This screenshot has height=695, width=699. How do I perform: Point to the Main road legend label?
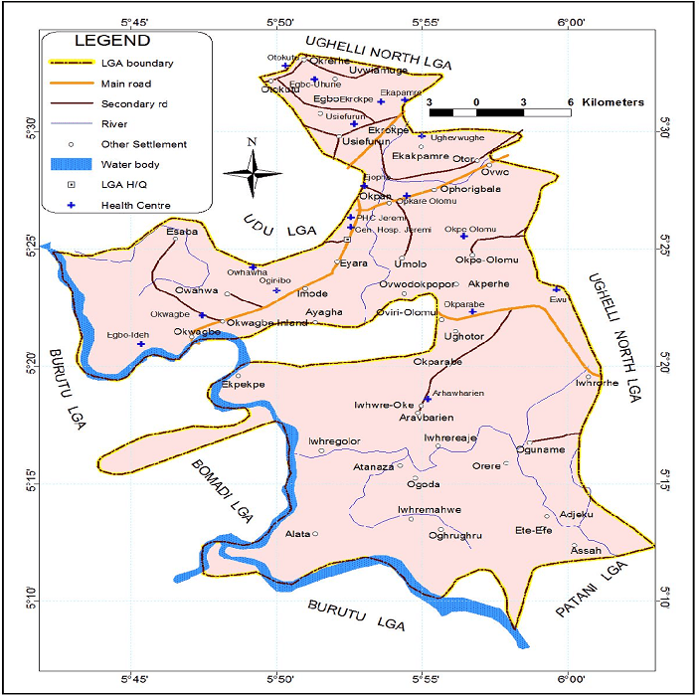(x=126, y=85)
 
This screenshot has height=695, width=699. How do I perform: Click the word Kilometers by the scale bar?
(x=613, y=102)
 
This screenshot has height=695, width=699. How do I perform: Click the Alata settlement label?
(x=298, y=534)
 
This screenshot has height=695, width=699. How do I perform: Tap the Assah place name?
(x=587, y=550)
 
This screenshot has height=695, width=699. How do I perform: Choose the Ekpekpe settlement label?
(x=243, y=383)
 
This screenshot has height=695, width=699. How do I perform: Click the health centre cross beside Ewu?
(x=557, y=289)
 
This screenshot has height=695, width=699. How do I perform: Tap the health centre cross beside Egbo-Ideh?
(x=141, y=344)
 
